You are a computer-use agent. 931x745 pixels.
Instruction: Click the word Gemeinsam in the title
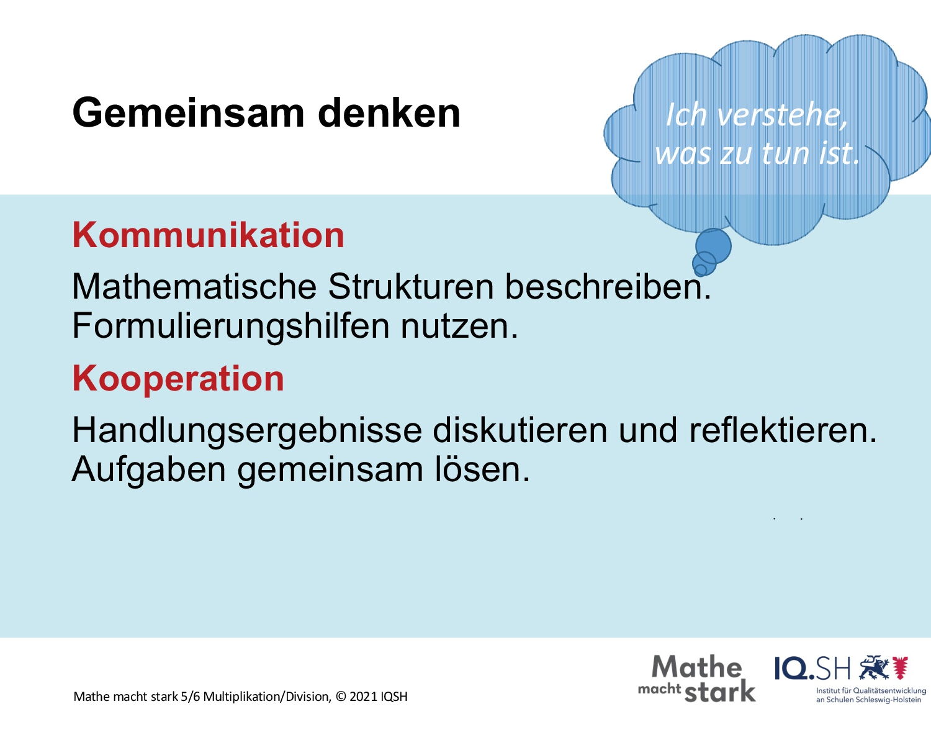pos(189,114)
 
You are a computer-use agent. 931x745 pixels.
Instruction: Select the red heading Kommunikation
pos(208,235)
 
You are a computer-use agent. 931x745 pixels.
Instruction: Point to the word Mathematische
pos(194,286)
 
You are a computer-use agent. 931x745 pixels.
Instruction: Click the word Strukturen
pos(411,286)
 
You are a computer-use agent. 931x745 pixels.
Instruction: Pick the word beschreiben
pos(608,286)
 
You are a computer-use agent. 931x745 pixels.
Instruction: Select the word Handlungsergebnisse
pos(246,431)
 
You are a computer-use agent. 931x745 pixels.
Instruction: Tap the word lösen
pos(482,469)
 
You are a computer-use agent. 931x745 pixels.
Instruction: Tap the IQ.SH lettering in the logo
pos(812,669)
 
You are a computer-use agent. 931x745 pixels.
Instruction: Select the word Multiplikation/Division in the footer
pos(267,697)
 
